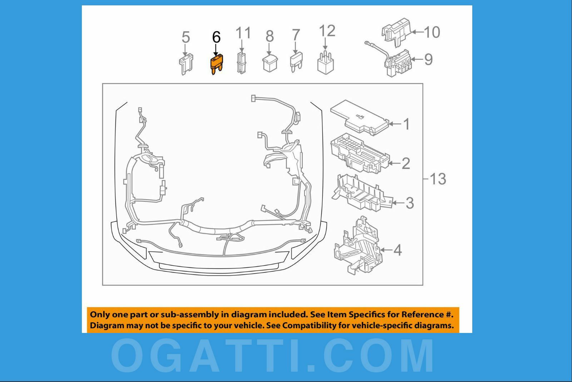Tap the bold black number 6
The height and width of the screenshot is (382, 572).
[x=216, y=37]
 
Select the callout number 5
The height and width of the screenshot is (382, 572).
[x=186, y=37]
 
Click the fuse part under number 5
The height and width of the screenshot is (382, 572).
[x=186, y=64]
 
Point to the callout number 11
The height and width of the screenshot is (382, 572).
[x=243, y=33]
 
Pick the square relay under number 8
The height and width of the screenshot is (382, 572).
[x=270, y=63]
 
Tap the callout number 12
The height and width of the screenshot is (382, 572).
[x=327, y=31]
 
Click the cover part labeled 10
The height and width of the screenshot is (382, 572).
[x=396, y=32]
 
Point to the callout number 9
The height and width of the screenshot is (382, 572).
[x=428, y=59]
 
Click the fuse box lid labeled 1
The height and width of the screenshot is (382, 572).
[x=359, y=117]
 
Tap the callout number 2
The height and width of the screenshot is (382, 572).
[x=406, y=164]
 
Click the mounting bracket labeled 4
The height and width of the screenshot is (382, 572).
[x=357, y=247]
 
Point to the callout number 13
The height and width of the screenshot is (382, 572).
[x=438, y=179]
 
